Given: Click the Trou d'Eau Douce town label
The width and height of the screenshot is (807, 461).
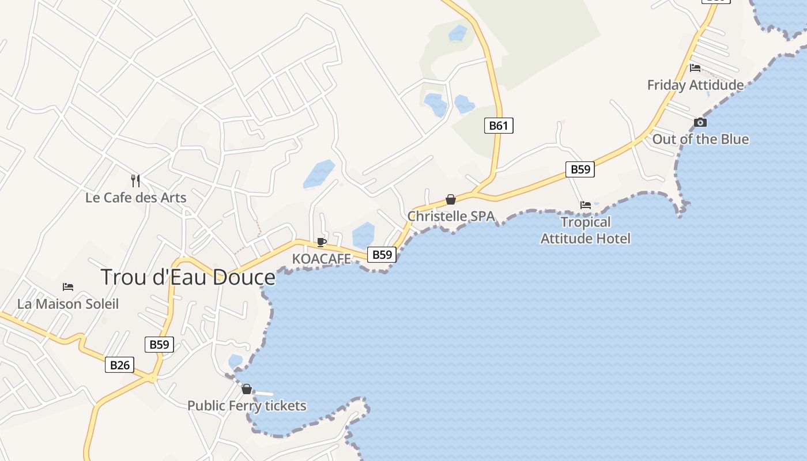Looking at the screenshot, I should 188,277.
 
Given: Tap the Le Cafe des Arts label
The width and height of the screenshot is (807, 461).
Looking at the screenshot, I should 136,198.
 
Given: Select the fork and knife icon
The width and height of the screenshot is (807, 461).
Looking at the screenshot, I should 135,181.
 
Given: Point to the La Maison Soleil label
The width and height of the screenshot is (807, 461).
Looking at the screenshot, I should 68,304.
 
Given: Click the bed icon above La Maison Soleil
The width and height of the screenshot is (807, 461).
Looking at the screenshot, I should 68,287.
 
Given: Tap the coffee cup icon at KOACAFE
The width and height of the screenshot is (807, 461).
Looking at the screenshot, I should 322,242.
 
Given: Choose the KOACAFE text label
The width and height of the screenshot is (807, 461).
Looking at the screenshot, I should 321,259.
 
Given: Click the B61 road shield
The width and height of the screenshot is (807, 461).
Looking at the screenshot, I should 499,126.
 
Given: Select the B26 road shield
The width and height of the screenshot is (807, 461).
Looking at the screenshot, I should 119,365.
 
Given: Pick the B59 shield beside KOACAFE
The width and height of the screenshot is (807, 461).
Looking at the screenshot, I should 382,254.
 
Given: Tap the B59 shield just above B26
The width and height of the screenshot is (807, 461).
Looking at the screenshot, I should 159,345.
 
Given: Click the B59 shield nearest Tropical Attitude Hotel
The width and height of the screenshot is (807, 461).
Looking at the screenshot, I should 580,169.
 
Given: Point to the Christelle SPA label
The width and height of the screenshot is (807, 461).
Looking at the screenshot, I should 451,217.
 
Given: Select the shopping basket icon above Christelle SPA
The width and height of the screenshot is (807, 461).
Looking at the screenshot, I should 451,200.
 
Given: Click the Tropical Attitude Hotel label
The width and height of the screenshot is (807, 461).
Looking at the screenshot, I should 586,230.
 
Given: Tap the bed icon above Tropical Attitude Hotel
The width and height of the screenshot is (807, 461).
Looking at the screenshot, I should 586,205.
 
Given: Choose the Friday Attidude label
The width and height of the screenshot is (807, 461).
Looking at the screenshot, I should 695,85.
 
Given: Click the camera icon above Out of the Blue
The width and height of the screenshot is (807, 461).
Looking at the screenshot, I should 700,122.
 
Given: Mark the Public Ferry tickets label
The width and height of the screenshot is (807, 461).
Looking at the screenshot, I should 247,406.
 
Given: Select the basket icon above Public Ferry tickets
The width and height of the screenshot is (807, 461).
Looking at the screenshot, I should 247,389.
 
